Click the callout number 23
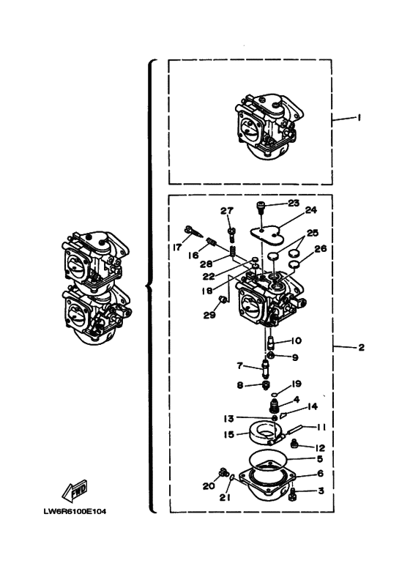click(x=294, y=203)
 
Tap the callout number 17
click(x=178, y=247)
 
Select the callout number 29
click(x=209, y=315)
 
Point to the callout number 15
click(x=229, y=434)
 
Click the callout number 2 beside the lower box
click(x=361, y=347)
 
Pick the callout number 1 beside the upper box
click(x=359, y=117)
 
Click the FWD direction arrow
click(x=75, y=490)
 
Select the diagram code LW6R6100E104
click(x=75, y=511)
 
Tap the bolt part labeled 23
click(x=261, y=207)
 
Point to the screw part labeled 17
click(x=193, y=231)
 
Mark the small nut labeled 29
click(x=223, y=299)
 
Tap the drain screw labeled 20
click(x=224, y=473)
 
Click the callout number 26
click(x=321, y=248)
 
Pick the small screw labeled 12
click(x=294, y=442)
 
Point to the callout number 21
click(x=225, y=497)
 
